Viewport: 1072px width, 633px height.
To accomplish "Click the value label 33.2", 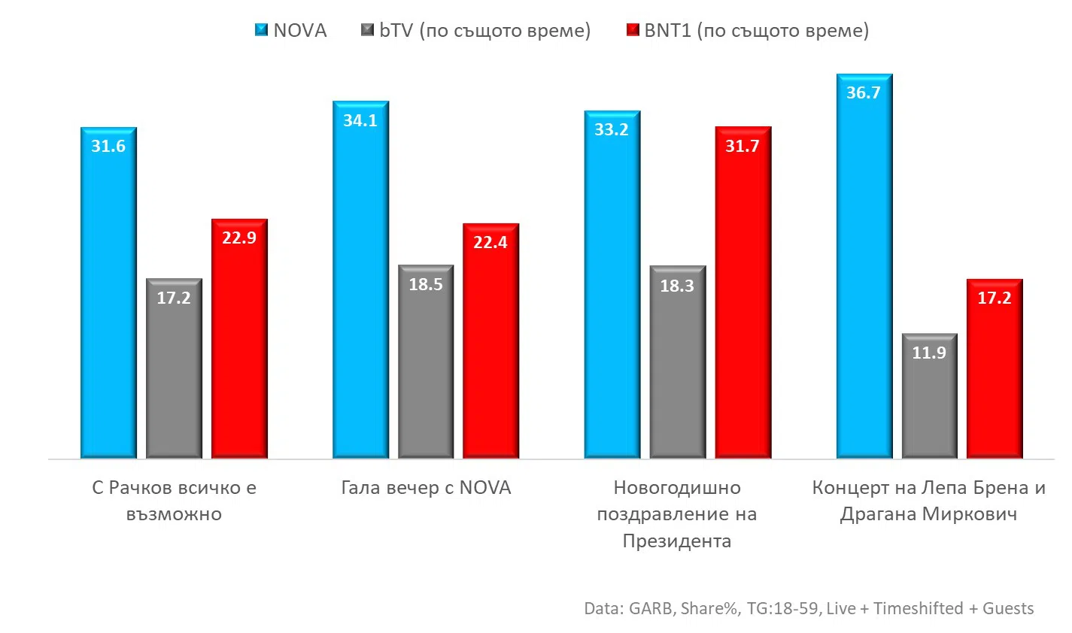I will (611, 130).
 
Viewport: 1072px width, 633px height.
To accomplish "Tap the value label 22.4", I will (490, 242).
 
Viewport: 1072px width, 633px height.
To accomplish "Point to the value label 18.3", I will (677, 286).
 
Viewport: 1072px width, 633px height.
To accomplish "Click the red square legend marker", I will (633, 31).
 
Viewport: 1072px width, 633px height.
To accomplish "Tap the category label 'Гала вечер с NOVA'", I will (426, 488).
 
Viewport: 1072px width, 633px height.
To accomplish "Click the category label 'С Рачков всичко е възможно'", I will (174, 501).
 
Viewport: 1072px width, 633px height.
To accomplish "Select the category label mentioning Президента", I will (676, 514).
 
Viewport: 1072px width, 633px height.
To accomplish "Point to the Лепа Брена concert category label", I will (928, 501).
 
